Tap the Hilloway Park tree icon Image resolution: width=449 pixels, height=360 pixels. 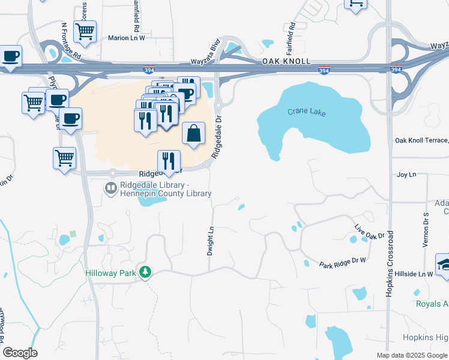145,272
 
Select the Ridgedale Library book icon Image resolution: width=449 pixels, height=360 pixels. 110,189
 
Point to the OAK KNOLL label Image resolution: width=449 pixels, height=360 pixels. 287,62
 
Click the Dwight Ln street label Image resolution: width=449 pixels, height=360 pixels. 211,240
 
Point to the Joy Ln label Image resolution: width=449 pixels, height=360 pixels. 406,175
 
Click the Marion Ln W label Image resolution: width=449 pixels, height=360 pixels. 127,38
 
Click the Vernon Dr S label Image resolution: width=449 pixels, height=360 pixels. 426,229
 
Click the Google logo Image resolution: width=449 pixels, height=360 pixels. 20,353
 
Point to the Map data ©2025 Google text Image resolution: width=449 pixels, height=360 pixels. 412,355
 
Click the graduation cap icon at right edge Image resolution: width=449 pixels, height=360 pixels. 444,264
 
